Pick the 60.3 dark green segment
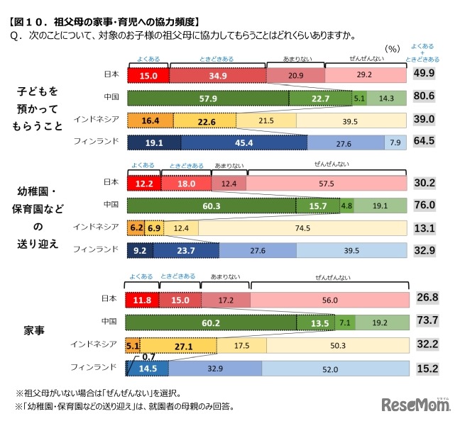tap(212, 206)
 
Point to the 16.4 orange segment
tap(150, 120)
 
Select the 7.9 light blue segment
tap(395, 142)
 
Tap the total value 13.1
tap(425, 228)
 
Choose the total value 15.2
tap(425, 369)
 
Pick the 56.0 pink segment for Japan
tap(329, 301)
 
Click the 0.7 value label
tap(147, 357)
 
